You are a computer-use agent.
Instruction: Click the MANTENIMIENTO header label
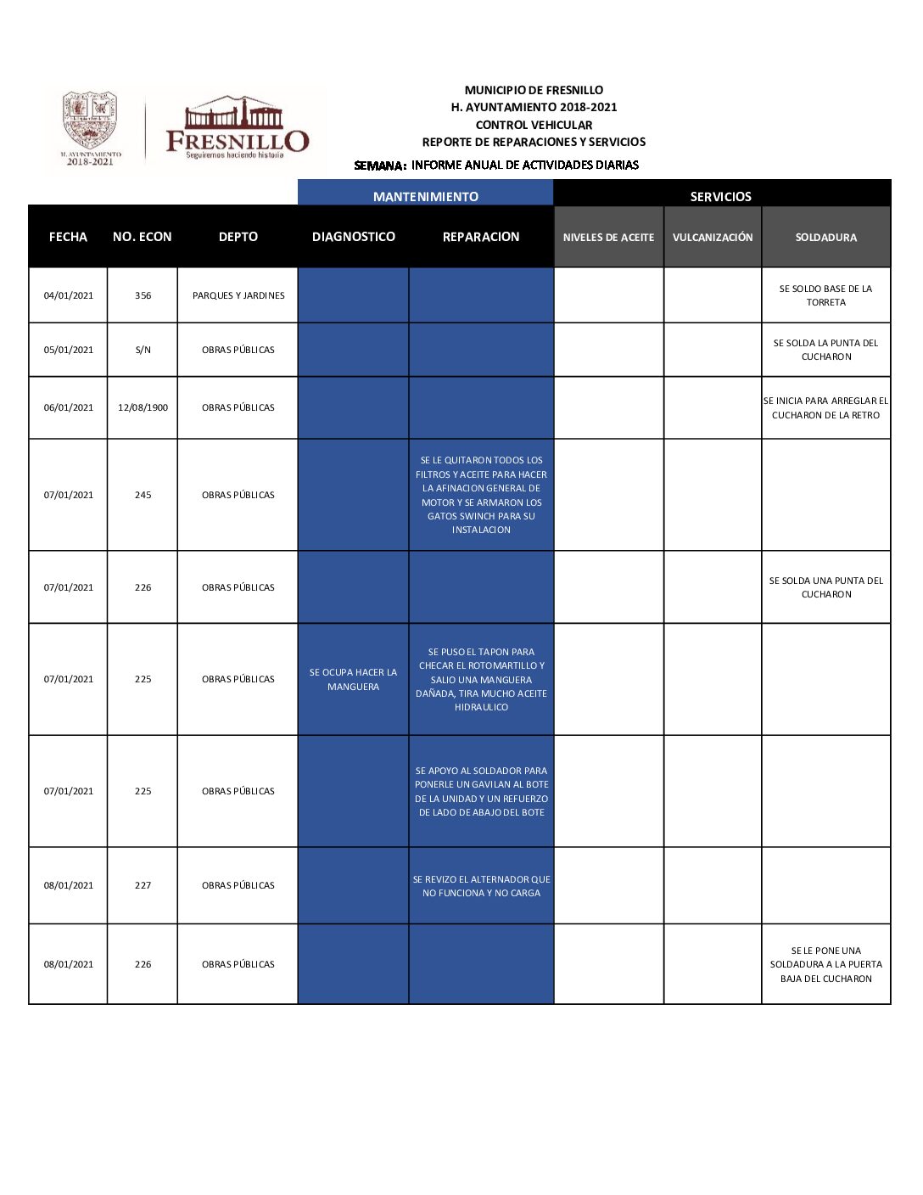pos(425,196)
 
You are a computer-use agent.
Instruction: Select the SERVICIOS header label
pos(720,196)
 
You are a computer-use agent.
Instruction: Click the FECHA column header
pos(68,237)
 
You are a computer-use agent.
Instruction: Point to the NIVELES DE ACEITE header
pos(608,238)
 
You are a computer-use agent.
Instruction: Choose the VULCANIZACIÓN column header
pos(713,238)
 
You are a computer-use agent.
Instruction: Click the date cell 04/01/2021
pos(69,295)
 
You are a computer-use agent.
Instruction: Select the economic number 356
pos(143,295)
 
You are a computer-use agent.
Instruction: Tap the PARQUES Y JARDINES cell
pos(238,295)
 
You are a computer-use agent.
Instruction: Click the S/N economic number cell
pos(143,350)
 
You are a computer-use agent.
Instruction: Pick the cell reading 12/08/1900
pos(143,407)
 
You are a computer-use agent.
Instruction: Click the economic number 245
pos(143,495)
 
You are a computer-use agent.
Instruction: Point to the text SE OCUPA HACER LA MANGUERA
pos(353,679)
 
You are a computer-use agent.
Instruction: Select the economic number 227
pos(143,885)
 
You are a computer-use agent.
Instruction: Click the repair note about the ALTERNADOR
pos(481,886)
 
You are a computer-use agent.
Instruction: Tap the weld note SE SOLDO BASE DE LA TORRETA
pos(825,295)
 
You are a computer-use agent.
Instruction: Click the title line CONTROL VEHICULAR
pos(534,125)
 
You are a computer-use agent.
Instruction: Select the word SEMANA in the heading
pos(379,166)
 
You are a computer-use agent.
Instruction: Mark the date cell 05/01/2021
pos(69,350)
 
